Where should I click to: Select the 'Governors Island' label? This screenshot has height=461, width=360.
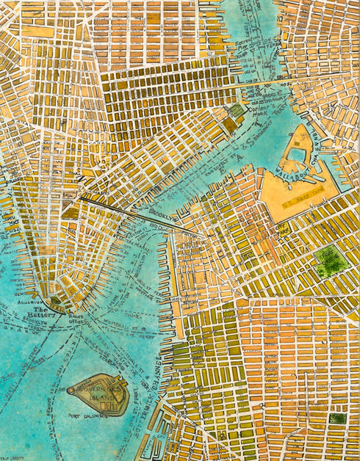pos(99,398)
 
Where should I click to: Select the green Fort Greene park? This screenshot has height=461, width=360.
pos(330,259)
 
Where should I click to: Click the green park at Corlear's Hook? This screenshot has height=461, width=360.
pos(236,112)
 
